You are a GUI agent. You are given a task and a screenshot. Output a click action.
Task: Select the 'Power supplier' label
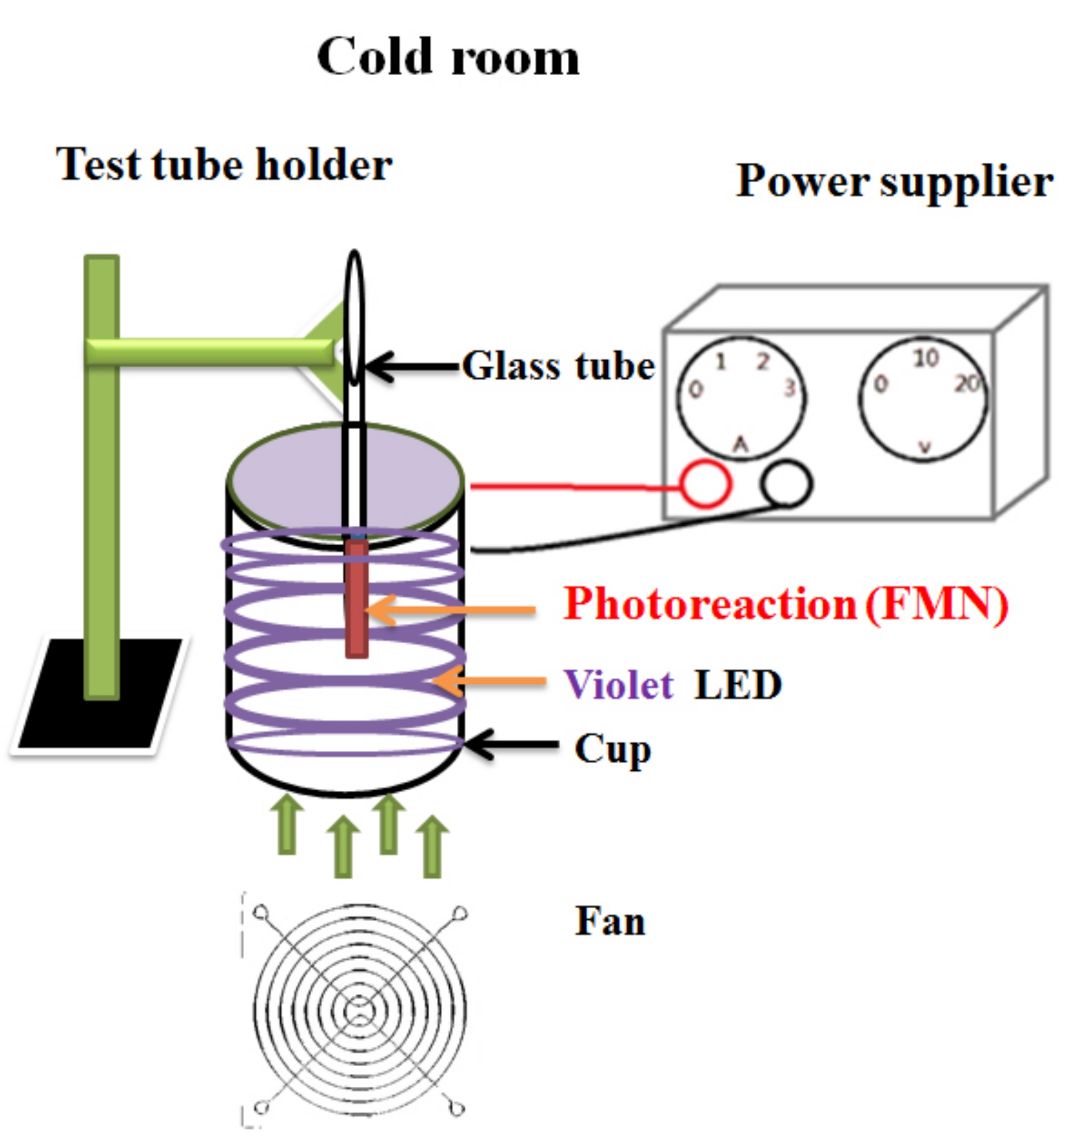(895, 182)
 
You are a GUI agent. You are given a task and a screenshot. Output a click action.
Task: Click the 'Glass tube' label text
(558, 366)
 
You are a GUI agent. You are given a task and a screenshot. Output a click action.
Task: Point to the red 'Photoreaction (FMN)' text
(785, 605)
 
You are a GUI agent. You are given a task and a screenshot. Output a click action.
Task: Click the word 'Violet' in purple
(618, 684)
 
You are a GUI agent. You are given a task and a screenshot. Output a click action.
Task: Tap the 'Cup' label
(613, 750)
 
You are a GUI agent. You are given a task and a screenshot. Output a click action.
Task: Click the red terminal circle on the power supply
(706, 484)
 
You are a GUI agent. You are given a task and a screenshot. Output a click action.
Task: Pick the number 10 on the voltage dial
(926, 359)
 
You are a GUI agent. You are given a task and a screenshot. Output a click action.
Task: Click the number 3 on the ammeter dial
(790, 388)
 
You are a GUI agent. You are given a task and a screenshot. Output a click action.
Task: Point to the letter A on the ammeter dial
(740, 444)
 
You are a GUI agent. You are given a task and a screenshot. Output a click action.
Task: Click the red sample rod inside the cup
(357, 598)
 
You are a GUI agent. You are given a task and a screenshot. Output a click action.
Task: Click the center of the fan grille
(359, 1011)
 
